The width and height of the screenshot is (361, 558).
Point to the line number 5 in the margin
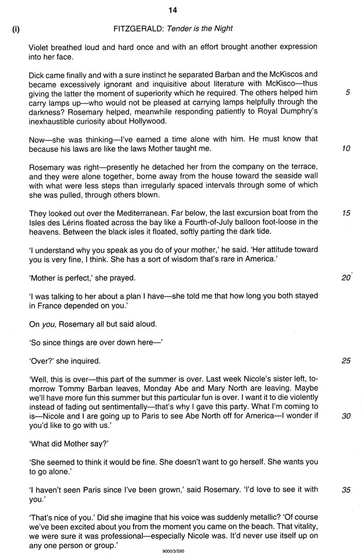click(348, 93)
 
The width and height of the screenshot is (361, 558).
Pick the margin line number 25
click(346, 361)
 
